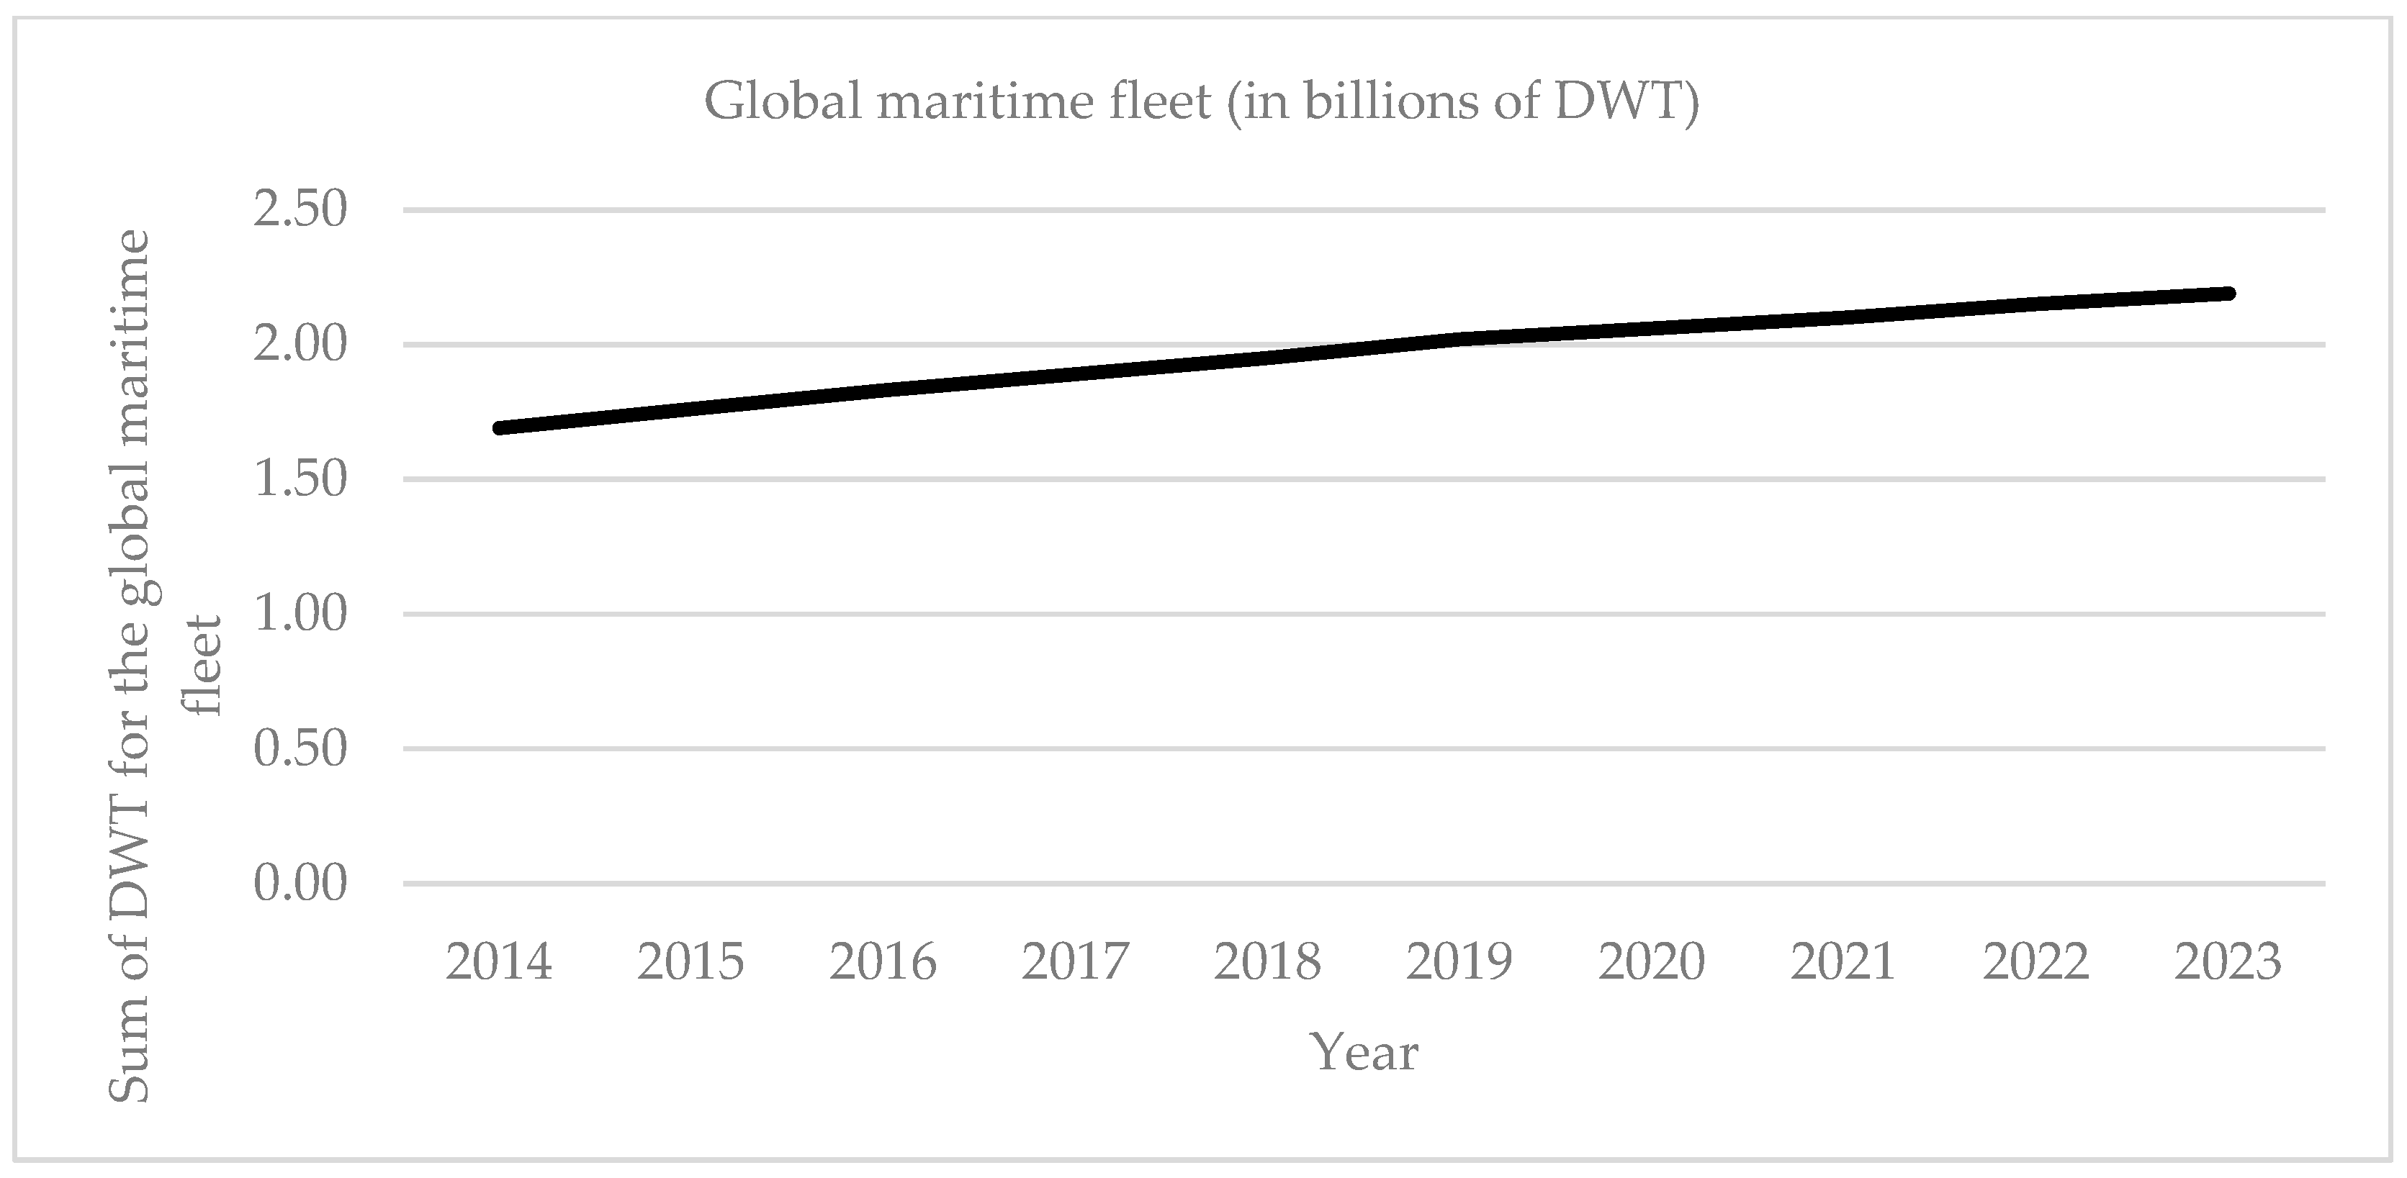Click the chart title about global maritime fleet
1202,101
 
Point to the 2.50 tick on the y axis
300,209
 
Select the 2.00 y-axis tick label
300,344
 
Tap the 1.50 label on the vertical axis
300,479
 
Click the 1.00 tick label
300,614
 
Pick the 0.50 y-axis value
300,748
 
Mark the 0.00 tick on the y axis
300,883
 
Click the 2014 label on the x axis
499,962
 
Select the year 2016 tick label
883,962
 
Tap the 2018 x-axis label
1267,962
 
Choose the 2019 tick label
1459,962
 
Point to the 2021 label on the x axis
1843,962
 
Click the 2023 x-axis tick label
2228,962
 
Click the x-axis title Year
1364,1053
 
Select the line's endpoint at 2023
2228,294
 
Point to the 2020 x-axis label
1651,962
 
